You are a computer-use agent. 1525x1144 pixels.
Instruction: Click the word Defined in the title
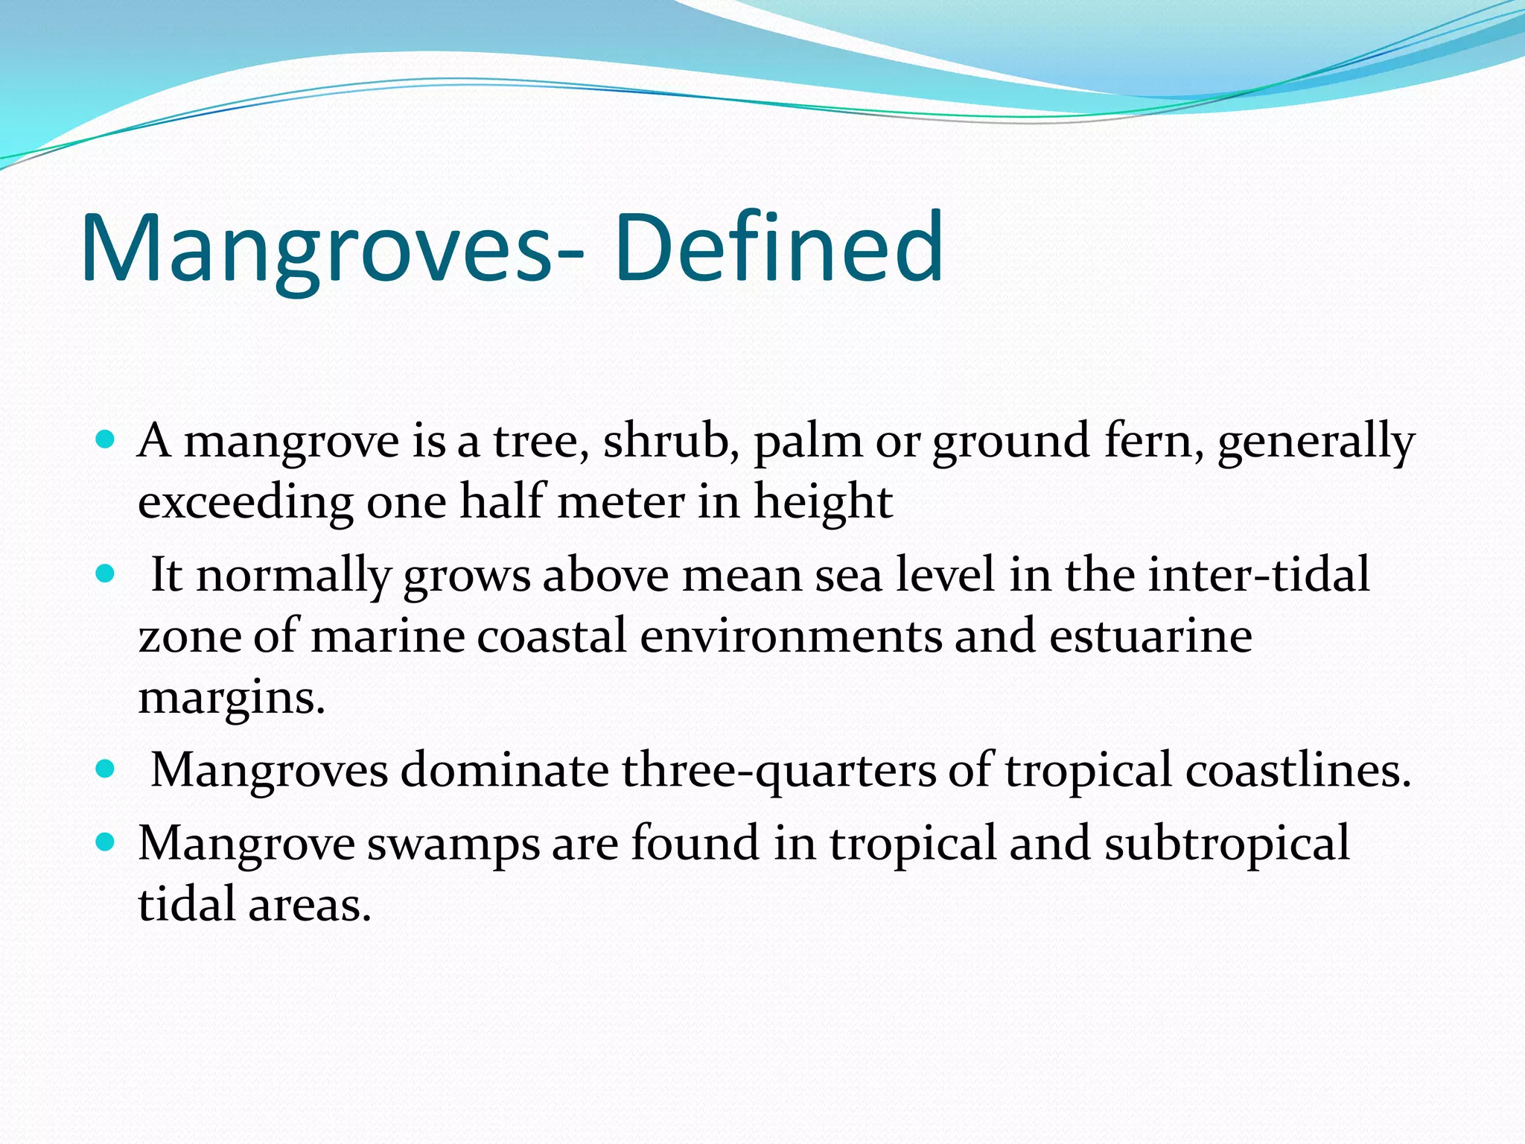779,247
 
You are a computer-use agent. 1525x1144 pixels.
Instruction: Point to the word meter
620,502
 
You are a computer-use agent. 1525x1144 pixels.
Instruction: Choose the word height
823,503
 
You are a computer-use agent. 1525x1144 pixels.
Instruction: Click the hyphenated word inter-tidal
1258,575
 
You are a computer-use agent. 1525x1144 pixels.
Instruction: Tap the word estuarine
1150,636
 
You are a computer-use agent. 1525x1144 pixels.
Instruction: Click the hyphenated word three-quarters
779,770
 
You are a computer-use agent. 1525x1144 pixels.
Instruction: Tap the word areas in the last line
309,906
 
